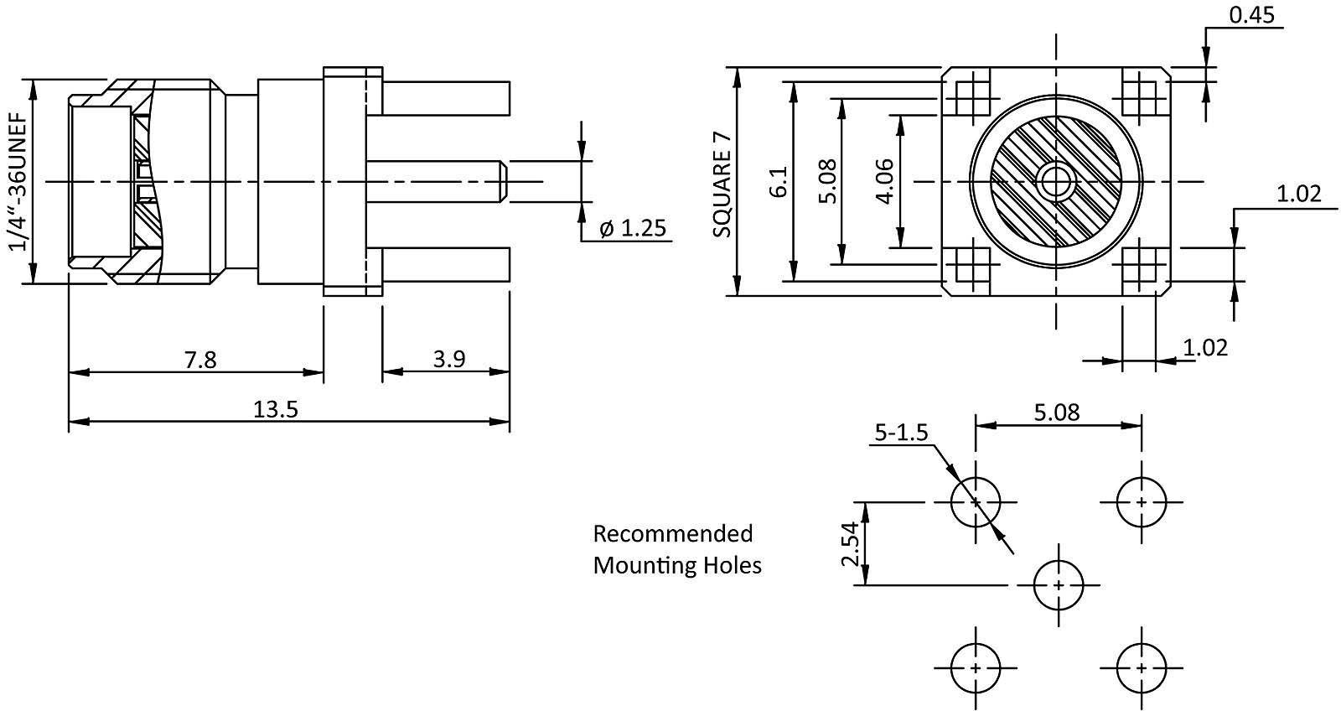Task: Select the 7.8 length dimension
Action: pyautogui.click(x=199, y=360)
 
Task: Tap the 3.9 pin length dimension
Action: pyautogui.click(x=449, y=360)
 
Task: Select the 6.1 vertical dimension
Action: pyautogui.click(x=779, y=181)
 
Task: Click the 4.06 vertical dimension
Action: pyautogui.click(x=885, y=181)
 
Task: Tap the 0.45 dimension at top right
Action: pyautogui.click(x=1250, y=14)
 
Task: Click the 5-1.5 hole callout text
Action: pyautogui.click(x=901, y=433)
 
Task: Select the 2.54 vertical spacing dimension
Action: pyautogui.click(x=851, y=544)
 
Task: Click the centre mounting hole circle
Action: pyautogui.click(x=1059, y=585)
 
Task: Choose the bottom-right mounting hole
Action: pyautogui.click(x=1142, y=668)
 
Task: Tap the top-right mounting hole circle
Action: pyautogui.click(x=1142, y=502)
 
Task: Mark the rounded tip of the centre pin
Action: pyautogui.click(x=500, y=181)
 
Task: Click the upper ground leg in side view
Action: pyautogui.click(x=445, y=98)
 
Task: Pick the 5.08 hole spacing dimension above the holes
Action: pyautogui.click(x=1057, y=412)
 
